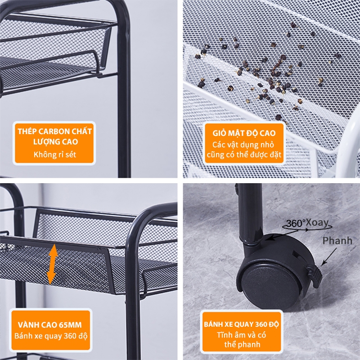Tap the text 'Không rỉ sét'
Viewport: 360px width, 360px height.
coord(55,154)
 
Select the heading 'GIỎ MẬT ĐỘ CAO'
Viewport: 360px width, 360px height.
coord(244,133)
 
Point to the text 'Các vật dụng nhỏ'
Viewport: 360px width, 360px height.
coord(243,144)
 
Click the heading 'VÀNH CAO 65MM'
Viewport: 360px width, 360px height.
coord(50,325)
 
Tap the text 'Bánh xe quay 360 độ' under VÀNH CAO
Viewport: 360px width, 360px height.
coord(51,336)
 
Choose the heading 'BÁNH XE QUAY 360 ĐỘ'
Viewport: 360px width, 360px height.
coord(241,324)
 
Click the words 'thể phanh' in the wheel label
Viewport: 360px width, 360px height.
coord(242,344)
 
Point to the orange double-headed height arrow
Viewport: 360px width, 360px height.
coord(52,264)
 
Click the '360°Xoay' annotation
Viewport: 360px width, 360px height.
coord(307,223)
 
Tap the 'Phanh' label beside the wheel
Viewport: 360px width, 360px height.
coord(337,241)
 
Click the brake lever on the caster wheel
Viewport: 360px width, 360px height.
coord(315,275)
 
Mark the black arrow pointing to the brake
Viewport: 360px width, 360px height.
coord(329,256)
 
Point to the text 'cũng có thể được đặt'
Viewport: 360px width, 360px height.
coord(244,154)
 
